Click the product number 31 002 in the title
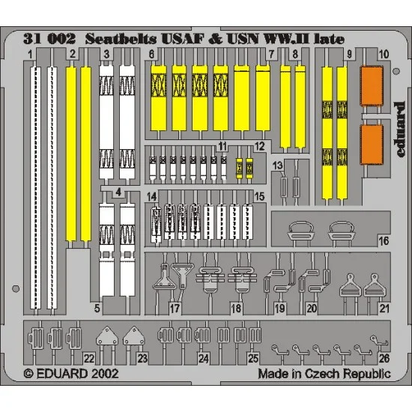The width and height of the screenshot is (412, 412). [49, 39]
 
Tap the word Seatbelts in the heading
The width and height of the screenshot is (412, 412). [121, 39]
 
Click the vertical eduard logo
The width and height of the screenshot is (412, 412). [399, 130]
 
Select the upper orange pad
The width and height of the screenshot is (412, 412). [372, 86]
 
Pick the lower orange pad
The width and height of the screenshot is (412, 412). [372, 145]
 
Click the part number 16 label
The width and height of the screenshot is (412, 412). [384, 240]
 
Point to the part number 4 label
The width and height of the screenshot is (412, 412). [118, 192]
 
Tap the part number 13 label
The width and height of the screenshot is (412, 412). [277, 166]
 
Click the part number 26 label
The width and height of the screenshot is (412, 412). [384, 358]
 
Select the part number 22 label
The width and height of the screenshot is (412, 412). [89, 358]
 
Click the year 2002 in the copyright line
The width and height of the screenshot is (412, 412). [104, 374]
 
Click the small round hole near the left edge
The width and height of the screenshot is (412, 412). [16, 288]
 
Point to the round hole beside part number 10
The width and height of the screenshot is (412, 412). [396, 71]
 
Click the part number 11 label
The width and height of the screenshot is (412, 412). [222, 146]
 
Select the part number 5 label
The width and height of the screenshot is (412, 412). [97, 308]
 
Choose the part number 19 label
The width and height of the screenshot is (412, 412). [279, 308]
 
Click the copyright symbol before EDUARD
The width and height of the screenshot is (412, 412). [28, 374]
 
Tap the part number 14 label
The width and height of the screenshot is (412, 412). [151, 197]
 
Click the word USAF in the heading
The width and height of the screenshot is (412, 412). [183, 39]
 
